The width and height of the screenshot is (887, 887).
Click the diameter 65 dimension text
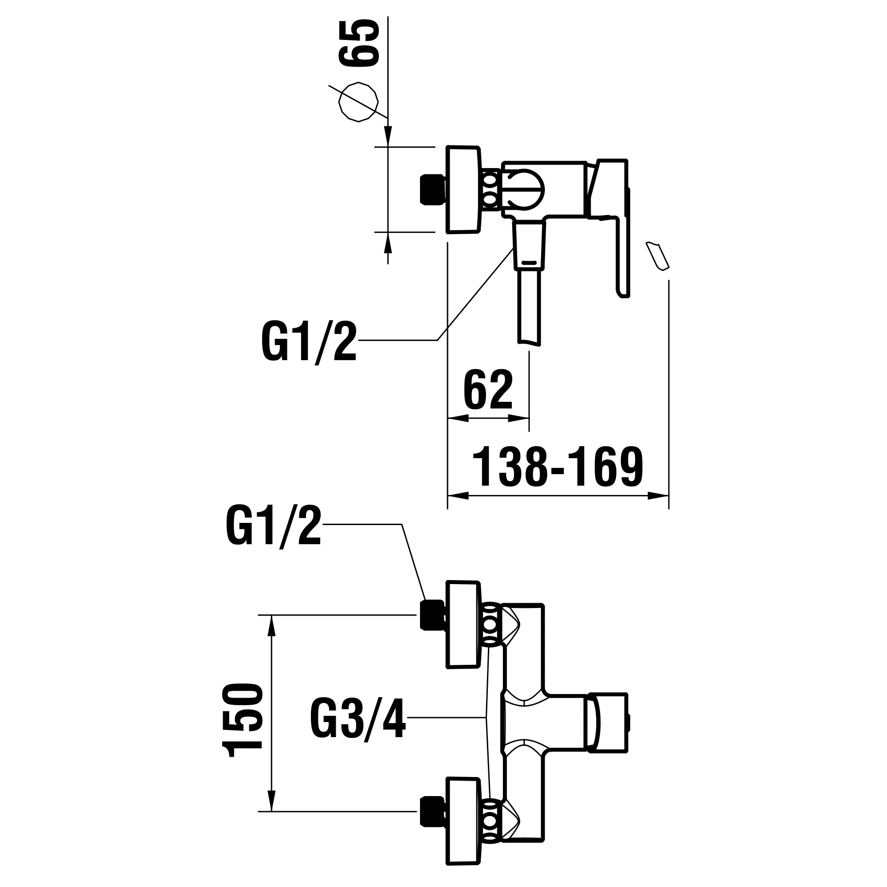pos(359,43)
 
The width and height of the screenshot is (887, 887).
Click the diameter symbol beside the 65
pos(358,102)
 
